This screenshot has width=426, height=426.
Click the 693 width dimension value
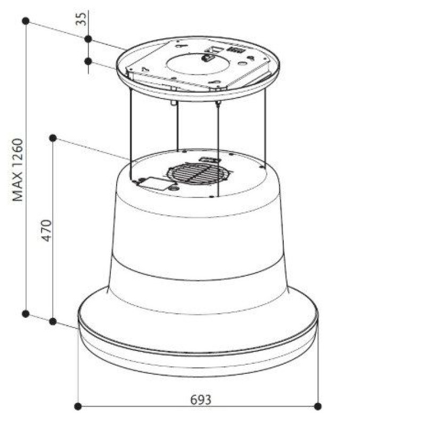(201, 400)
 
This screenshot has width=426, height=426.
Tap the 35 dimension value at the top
(81, 19)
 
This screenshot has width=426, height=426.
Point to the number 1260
(18, 153)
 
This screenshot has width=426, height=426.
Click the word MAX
(18, 187)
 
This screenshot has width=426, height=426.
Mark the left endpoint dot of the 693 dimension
(78, 406)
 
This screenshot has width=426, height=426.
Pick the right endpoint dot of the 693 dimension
(317, 406)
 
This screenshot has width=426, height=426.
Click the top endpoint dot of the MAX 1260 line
(26, 21)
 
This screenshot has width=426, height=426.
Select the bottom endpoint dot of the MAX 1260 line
(26, 314)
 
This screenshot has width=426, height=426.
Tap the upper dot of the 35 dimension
(88, 39)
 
